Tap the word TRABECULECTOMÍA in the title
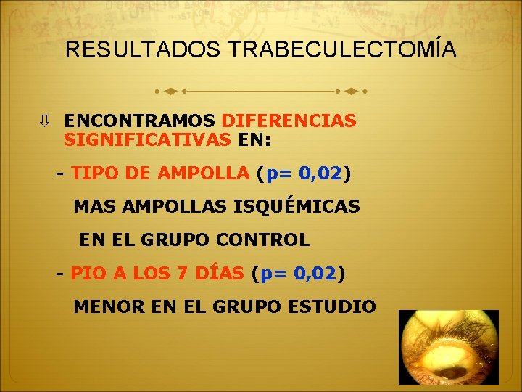(x=342, y=50)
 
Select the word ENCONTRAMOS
(x=139, y=121)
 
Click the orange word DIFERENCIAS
(x=289, y=121)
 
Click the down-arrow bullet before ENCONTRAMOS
(x=46, y=121)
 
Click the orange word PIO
(x=88, y=274)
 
